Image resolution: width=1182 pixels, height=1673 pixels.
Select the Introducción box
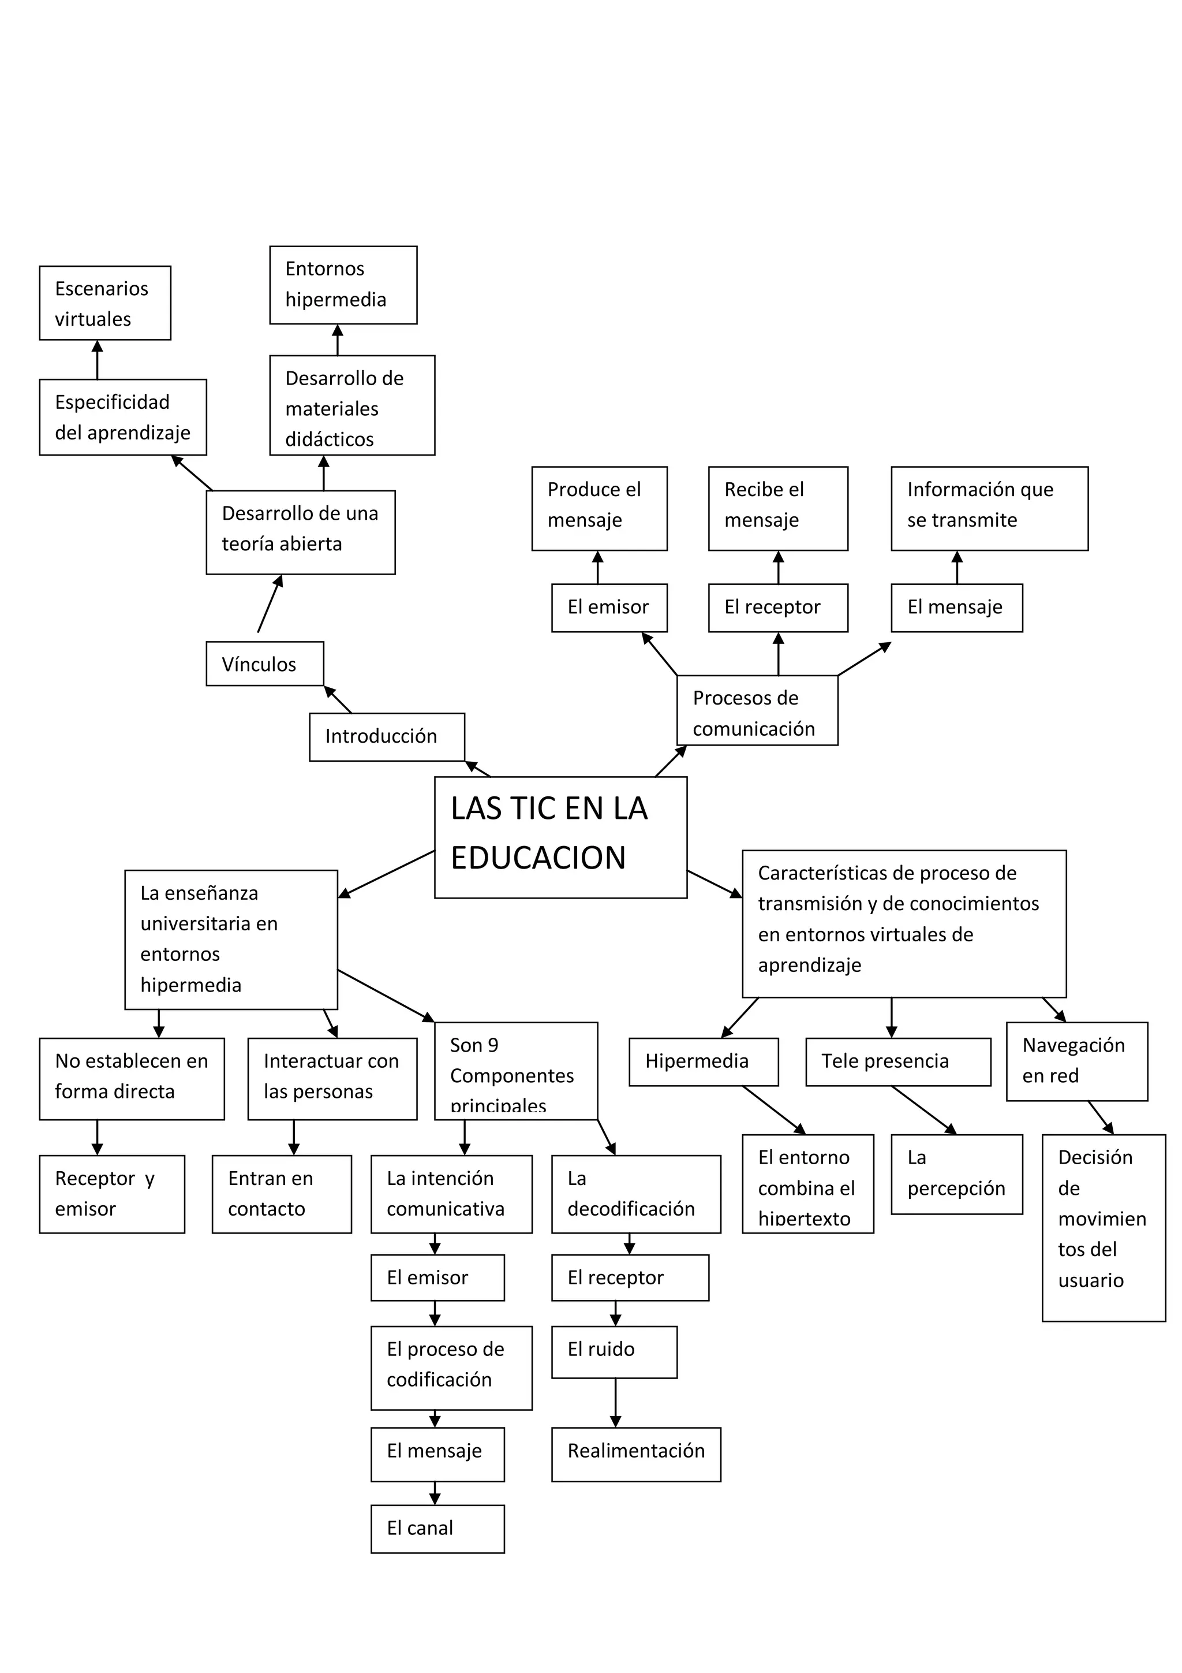387,737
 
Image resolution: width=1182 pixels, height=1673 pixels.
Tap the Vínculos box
264,663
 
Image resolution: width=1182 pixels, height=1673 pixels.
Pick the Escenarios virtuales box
105,303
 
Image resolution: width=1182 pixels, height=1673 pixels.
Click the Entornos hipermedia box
343,284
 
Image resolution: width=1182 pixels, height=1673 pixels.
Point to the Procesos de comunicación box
757,710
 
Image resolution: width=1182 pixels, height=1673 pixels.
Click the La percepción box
956,1174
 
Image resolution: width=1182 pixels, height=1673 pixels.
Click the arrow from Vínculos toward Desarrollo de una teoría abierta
270,604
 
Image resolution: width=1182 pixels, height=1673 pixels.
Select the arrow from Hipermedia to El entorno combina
773,1110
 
